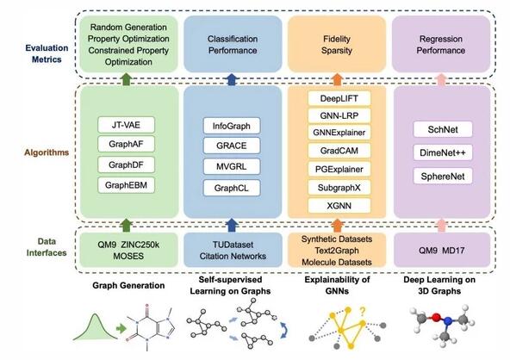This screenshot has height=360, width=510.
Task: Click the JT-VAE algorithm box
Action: (126, 125)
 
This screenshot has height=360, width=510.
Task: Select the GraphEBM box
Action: (126, 185)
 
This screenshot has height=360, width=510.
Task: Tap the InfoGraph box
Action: (232, 126)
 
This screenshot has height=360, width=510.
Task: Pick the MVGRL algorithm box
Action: (232, 167)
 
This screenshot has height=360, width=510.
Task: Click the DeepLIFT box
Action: (339, 98)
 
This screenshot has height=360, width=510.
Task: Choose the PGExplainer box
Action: (339, 169)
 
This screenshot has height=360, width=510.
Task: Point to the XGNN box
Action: (339, 206)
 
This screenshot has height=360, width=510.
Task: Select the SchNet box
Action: (443, 129)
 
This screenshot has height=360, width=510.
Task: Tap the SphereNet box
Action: (443, 177)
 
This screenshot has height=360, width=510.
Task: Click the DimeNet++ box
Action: (443, 152)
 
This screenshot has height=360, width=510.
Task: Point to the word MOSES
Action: (128, 257)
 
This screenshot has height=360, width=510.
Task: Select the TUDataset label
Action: (233, 245)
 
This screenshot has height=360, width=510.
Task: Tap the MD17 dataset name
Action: (453, 251)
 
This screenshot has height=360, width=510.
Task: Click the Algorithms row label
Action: (47, 152)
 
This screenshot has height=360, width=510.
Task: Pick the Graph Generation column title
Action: (128, 286)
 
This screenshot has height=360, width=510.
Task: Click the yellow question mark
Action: (363, 312)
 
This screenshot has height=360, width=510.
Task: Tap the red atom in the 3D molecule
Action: (436, 317)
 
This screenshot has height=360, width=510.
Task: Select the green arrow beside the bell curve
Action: (121, 328)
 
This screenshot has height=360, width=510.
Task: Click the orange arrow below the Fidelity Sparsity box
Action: (338, 80)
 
